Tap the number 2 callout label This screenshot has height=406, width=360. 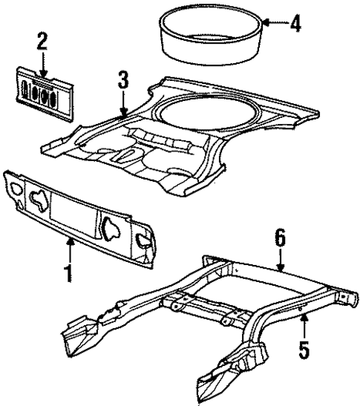[42, 41]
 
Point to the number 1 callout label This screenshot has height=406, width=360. [68, 274]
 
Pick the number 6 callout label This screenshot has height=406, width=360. [280, 239]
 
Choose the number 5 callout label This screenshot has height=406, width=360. [303, 348]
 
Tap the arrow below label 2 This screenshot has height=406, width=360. [43, 63]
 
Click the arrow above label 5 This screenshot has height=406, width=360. [303, 325]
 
